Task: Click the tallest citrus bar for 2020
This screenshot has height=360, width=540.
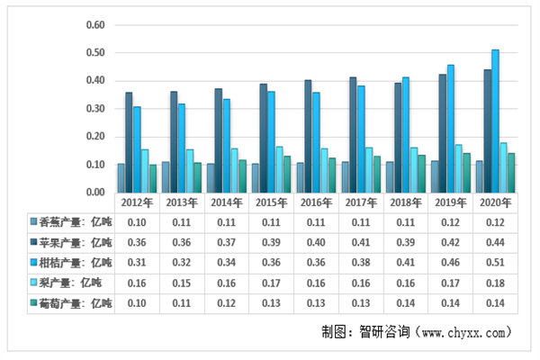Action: point(495,121)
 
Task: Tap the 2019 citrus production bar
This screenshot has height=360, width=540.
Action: point(451,128)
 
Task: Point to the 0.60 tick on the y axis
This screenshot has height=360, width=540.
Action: point(94,25)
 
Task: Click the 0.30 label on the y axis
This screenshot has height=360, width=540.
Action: point(94,109)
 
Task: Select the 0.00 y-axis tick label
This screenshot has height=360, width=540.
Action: point(94,193)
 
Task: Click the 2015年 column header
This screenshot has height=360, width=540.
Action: point(272,202)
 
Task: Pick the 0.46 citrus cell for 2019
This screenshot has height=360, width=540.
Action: point(450,262)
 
